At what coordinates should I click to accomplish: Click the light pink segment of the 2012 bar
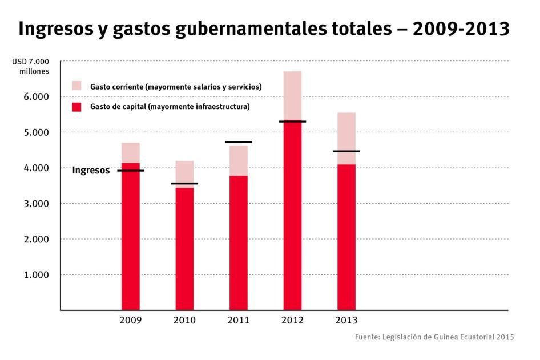292,95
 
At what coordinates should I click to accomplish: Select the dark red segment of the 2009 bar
131,240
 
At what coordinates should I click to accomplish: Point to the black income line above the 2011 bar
238,142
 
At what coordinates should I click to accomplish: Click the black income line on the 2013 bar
346,151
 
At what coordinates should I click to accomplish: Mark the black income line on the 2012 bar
292,122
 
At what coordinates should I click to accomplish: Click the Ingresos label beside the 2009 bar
91,170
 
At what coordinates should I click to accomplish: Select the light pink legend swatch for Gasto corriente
77,86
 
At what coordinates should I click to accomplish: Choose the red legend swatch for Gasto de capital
77,107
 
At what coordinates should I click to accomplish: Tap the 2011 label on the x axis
238,321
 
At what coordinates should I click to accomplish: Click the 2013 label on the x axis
346,321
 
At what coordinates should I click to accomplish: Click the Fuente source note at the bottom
434,337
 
